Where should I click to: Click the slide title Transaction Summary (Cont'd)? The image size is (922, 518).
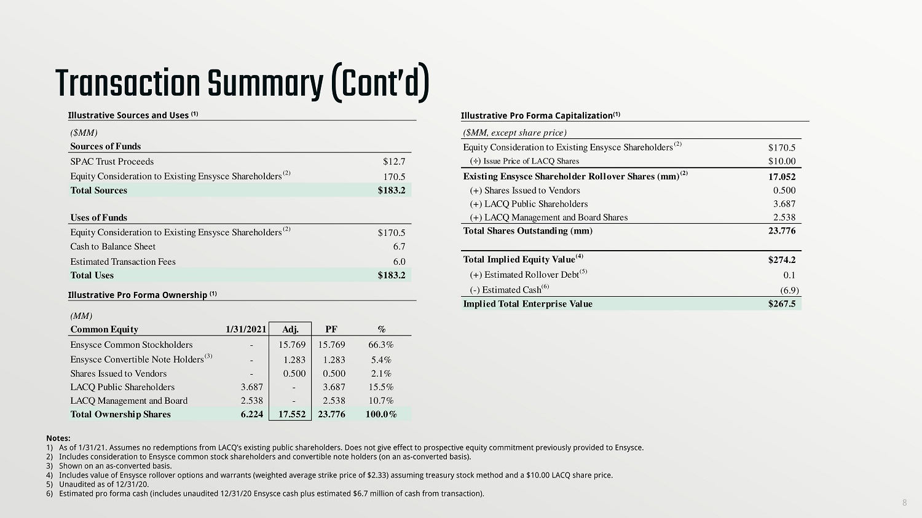(x=242, y=84)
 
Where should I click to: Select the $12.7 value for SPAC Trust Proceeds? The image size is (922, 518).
(x=394, y=162)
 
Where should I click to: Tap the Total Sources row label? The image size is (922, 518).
(x=99, y=190)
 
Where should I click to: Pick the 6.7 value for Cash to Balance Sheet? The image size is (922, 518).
(x=399, y=246)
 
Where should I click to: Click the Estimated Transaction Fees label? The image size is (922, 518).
(x=123, y=262)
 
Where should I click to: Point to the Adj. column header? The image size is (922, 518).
(x=290, y=329)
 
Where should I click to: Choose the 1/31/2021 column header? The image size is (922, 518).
(x=246, y=329)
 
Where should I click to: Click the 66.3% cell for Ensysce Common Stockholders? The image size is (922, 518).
(x=381, y=345)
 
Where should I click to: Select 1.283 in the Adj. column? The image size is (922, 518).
(x=294, y=360)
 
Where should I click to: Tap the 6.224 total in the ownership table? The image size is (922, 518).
(x=252, y=414)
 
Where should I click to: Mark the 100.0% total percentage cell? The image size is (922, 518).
(x=381, y=414)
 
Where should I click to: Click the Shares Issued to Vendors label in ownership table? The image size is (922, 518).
(x=119, y=374)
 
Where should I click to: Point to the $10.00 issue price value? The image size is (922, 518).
(x=782, y=162)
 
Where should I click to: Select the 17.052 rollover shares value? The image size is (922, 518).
(x=782, y=177)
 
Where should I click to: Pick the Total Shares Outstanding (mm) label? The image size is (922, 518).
(x=528, y=231)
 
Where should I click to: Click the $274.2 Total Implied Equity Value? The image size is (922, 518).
(x=782, y=260)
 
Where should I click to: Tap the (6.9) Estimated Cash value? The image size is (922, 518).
(x=789, y=290)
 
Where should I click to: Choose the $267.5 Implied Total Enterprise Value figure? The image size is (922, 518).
(x=782, y=304)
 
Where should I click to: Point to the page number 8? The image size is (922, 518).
(x=904, y=503)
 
